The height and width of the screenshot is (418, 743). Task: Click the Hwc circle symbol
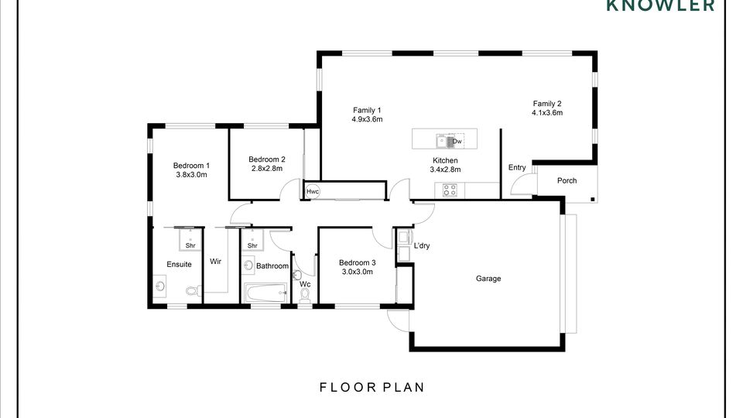tap(312, 191)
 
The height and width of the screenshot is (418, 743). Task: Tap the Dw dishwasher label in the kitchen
tap(457, 141)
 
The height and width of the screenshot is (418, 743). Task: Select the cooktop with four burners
tap(450, 190)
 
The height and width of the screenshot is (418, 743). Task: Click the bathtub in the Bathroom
tap(265, 293)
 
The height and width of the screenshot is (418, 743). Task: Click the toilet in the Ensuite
tap(193, 290)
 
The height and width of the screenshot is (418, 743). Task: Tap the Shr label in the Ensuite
tap(190, 245)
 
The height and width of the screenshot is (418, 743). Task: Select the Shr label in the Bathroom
tap(252, 245)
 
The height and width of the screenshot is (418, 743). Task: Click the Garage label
tap(488, 279)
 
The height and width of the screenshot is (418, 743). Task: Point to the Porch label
tap(567, 180)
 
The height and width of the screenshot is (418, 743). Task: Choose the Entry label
tap(517, 167)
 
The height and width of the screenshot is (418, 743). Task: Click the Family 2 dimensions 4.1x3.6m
tap(547, 113)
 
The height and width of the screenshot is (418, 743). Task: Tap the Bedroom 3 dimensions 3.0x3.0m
tap(358, 272)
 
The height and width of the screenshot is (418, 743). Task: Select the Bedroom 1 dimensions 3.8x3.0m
tap(191, 174)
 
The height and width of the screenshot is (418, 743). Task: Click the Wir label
tap(216, 261)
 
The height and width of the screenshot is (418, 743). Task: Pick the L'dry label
tap(422, 245)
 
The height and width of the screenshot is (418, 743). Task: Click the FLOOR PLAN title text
tap(372, 387)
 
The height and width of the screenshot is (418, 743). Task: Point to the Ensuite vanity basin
tap(160, 286)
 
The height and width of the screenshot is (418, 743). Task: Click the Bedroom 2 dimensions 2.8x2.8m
tap(267, 168)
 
